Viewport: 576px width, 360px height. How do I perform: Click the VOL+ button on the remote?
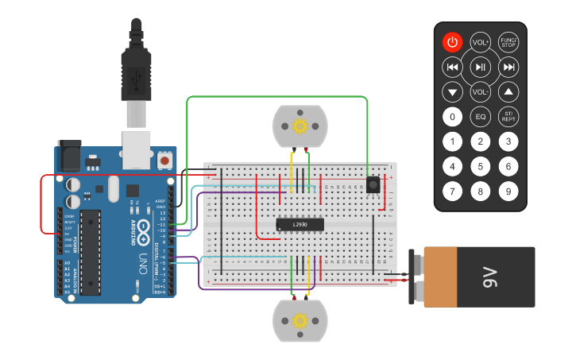pos(480,42)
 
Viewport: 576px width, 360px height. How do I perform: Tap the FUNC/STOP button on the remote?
pos(508,42)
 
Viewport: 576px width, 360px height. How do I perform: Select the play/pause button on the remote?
pos(480,67)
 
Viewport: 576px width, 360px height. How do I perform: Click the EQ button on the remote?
pos(480,118)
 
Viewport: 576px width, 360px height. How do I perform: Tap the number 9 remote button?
pos(508,192)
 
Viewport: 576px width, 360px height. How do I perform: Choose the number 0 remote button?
pos(452,118)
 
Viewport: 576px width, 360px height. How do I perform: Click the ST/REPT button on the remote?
pos(508,118)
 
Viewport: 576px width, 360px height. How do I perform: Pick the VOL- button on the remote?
pos(480,92)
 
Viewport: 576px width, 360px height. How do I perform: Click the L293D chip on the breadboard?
pos(300,225)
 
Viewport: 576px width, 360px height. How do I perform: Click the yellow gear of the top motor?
pos(300,126)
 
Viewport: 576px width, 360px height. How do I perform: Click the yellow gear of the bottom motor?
pos(300,320)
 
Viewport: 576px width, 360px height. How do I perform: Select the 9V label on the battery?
pos(489,277)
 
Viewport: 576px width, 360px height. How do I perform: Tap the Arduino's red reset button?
pos(164,161)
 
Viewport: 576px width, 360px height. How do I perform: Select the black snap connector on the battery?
pos(416,277)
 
